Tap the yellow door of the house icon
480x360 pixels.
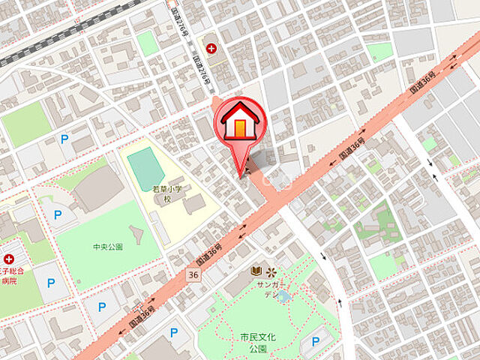tap(238, 128)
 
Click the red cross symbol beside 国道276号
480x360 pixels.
tap(212, 49)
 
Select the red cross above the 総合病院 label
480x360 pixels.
tap(9, 259)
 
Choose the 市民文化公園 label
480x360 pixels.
tap(257, 342)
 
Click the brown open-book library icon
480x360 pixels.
tap(256, 271)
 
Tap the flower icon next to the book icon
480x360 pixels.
tap(271, 271)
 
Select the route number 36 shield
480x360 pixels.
tap(193, 275)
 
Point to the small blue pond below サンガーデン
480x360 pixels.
tap(283, 297)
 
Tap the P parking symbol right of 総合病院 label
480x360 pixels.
tap(50, 283)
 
